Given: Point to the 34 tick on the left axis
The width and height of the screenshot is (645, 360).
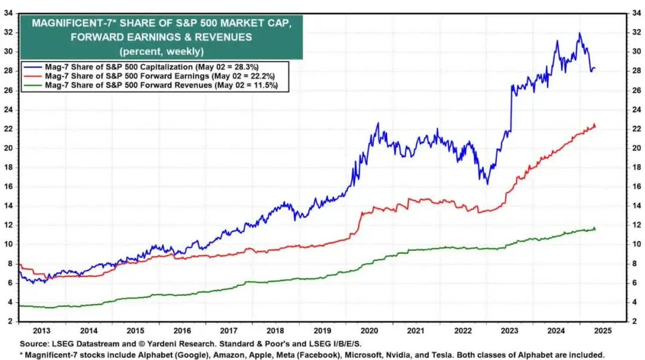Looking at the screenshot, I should point(9,13).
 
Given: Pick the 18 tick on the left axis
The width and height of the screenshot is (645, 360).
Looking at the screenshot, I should point(9,168).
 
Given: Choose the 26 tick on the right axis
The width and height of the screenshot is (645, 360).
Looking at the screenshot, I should point(634,91).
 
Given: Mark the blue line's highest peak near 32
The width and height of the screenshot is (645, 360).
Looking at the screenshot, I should point(579,33).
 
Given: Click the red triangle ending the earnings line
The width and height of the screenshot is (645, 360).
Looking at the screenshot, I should point(594,125).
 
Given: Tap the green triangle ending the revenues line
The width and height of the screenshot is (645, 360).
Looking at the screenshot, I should point(594,228).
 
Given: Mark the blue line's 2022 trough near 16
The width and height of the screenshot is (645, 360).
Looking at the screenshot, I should point(487,183).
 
